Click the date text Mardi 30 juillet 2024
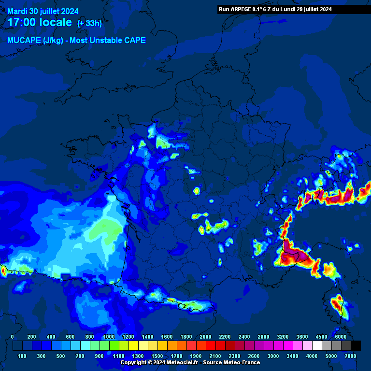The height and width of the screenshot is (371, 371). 43,11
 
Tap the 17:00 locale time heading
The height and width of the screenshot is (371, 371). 40,23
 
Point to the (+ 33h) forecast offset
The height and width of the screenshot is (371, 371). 89,24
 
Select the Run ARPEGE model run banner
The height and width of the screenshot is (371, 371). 275,9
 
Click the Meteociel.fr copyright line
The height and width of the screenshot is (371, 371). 190,362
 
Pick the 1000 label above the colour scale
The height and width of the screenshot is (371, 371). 109,337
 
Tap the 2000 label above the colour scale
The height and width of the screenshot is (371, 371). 205,337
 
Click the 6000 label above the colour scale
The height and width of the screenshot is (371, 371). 341,337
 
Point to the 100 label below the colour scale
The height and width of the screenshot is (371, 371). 22,356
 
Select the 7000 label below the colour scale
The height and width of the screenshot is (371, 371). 350,356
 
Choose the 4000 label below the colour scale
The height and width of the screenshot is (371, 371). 312,356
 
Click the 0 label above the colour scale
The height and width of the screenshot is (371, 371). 13,337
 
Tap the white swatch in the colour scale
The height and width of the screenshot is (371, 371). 317,345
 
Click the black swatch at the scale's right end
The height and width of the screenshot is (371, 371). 356,345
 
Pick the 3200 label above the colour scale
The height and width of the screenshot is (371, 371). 283,337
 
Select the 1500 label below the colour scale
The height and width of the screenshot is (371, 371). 157,356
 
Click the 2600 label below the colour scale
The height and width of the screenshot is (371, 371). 254,356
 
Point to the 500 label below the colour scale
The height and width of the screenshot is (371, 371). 60,356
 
